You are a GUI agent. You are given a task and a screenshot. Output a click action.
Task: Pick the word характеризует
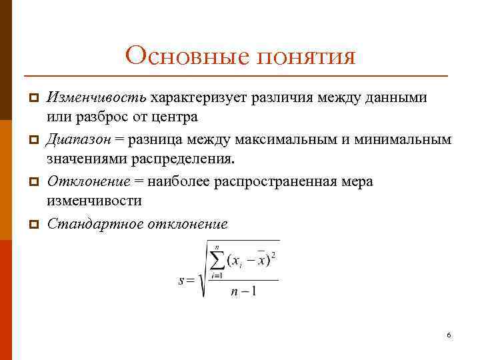point(200,99)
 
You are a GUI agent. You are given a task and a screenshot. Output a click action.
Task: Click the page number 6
point(449,335)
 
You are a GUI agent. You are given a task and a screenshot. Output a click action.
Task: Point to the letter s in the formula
point(181,280)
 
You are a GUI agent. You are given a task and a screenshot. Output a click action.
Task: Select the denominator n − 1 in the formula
point(245,292)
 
